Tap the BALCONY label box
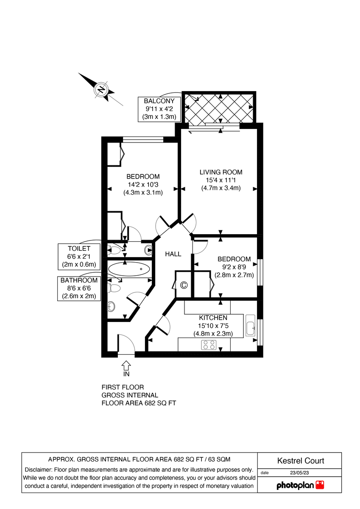coord(160,109)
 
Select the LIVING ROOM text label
coord(221,172)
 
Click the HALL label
coord(173,254)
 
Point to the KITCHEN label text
coord(213,318)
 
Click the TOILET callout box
coord(79,256)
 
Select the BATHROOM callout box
coord(79,288)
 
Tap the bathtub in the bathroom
coord(129,269)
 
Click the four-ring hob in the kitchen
coord(209,345)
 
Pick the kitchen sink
coord(251,326)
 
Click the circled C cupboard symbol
coord(184,285)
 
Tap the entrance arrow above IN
coord(126,364)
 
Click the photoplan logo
coord(300,485)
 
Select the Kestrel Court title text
coord(300,461)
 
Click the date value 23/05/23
coord(300,473)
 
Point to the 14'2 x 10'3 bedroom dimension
coord(143,185)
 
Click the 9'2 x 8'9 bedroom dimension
coord(234,267)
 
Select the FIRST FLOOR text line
coord(123,387)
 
